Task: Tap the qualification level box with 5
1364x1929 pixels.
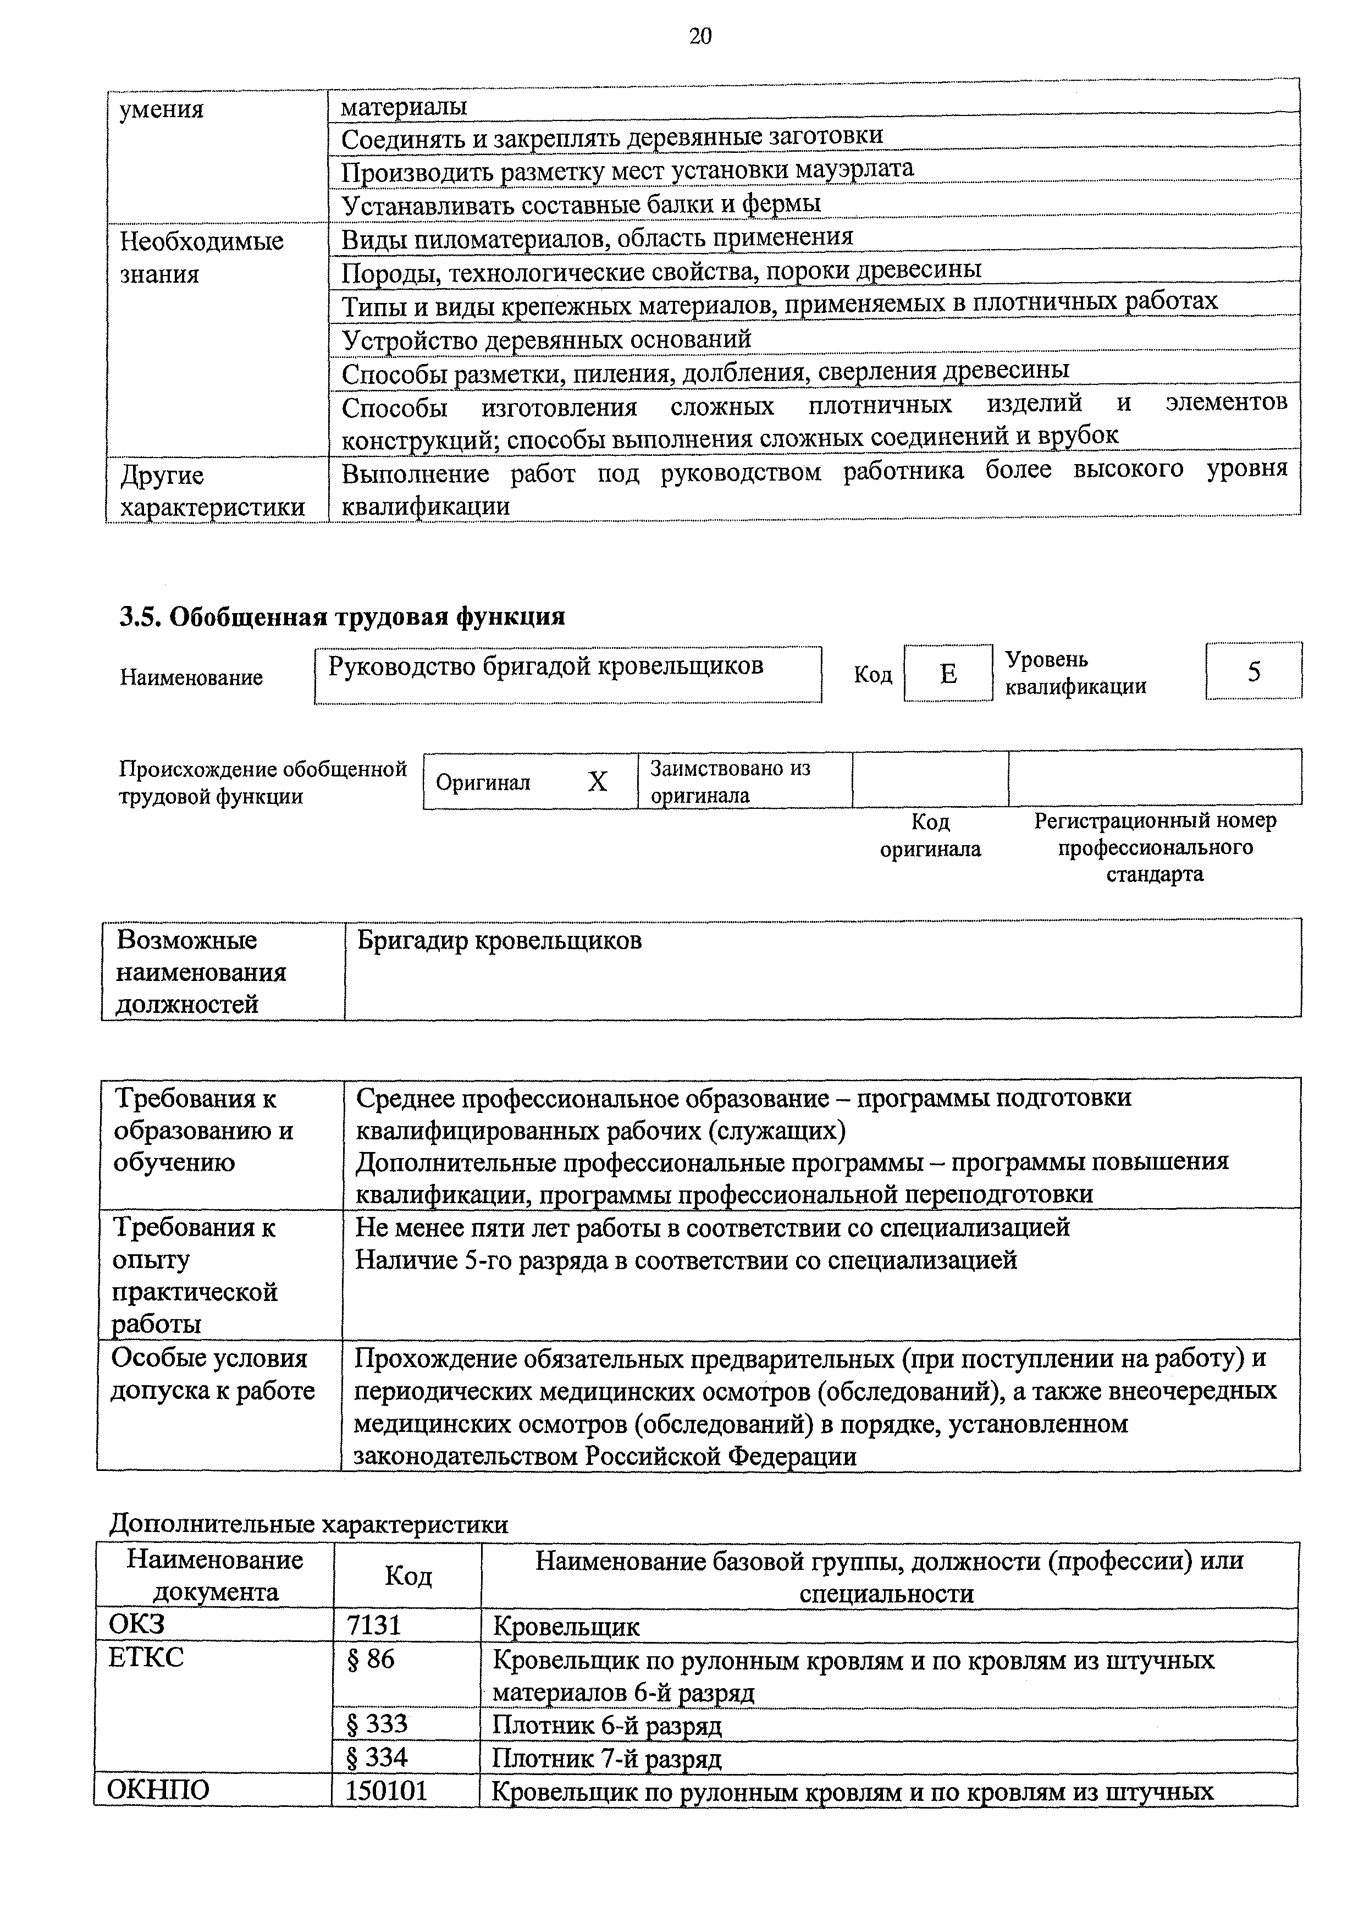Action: point(1253,671)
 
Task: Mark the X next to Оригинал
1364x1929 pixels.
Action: point(597,782)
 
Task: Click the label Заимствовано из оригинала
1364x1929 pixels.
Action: point(730,781)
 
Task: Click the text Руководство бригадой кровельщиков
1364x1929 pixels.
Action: point(546,666)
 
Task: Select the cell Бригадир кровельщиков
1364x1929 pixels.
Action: point(500,940)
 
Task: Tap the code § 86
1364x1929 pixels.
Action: point(371,1660)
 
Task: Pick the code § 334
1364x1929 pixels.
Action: point(377,1757)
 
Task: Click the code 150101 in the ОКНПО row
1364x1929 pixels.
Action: point(387,1790)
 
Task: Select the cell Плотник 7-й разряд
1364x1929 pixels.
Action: point(606,1757)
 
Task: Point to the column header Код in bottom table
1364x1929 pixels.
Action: point(408,1575)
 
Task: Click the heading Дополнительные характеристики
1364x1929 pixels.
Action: point(309,1525)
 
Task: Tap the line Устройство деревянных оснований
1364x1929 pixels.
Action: point(546,339)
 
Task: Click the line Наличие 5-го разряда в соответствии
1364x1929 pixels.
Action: point(686,1260)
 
